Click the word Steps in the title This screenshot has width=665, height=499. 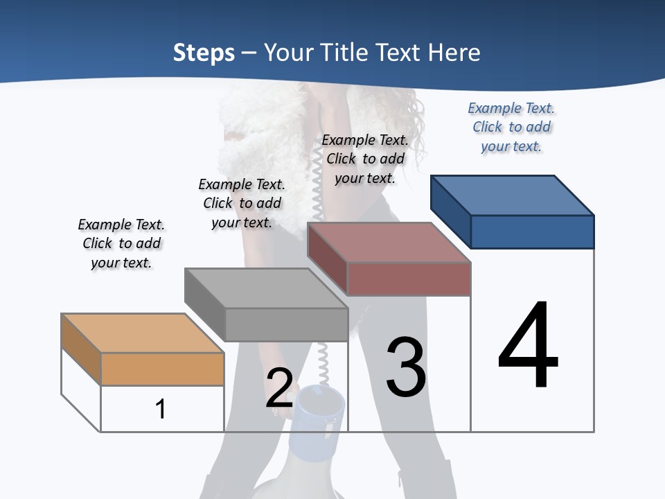click(x=204, y=53)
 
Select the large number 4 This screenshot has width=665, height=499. click(x=528, y=347)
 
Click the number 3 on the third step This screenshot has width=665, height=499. click(x=406, y=367)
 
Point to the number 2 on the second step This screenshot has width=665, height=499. click(x=279, y=388)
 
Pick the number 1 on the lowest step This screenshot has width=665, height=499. click(x=160, y=409)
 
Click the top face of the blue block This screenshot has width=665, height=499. click(x=513, y=195)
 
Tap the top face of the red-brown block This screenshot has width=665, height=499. click(x=389, y=243)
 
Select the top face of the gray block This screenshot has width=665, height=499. click(x=266, y=288)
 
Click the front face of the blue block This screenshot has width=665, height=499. click(x=532, y=231)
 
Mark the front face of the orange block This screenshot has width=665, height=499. click(x=162, y=369)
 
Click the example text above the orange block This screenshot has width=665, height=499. click(x=121, y=243)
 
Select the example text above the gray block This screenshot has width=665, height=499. click(x=242, y=203)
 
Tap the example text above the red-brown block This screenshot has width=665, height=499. click(x=365, y=159)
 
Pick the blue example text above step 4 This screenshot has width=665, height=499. click(x=511, y=127)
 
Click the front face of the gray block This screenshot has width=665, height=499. click(x=286, y=324)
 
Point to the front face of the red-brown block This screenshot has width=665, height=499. click(x=409, y=279)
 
